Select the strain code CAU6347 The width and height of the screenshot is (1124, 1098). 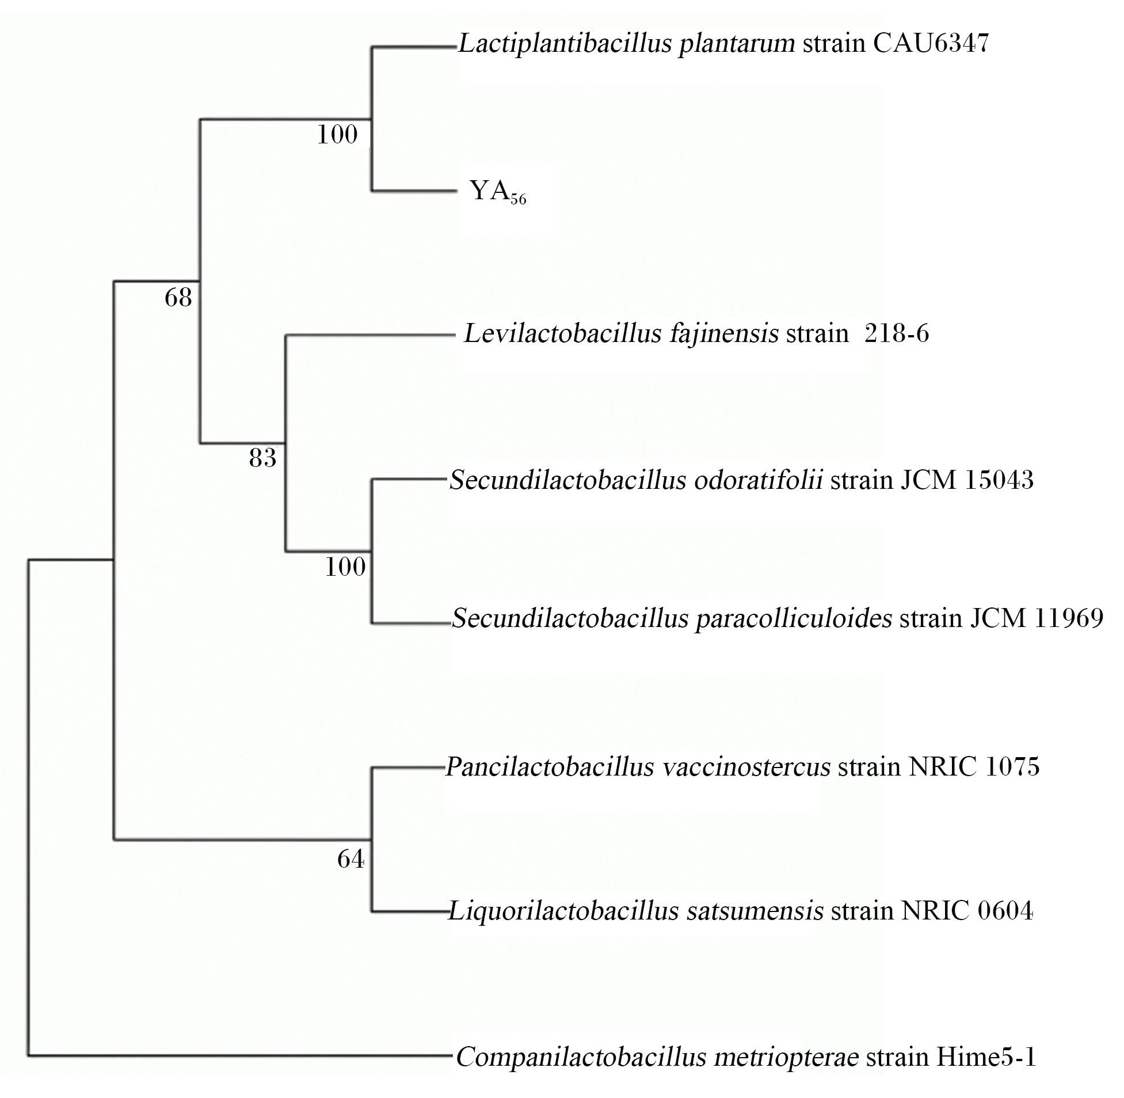click(931, 43)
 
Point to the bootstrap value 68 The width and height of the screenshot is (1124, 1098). click(178, 298)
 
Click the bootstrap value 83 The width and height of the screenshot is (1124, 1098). click(263, 458)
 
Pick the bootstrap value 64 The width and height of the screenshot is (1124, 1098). click(351, 860)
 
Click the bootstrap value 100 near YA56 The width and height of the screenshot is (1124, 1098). click(337, 135)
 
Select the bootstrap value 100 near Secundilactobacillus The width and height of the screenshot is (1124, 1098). click(345, 568)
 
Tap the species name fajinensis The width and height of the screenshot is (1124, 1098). click(724, 335)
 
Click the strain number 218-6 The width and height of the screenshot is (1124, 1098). click(897, 334)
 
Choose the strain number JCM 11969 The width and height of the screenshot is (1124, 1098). click(1037, 618)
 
